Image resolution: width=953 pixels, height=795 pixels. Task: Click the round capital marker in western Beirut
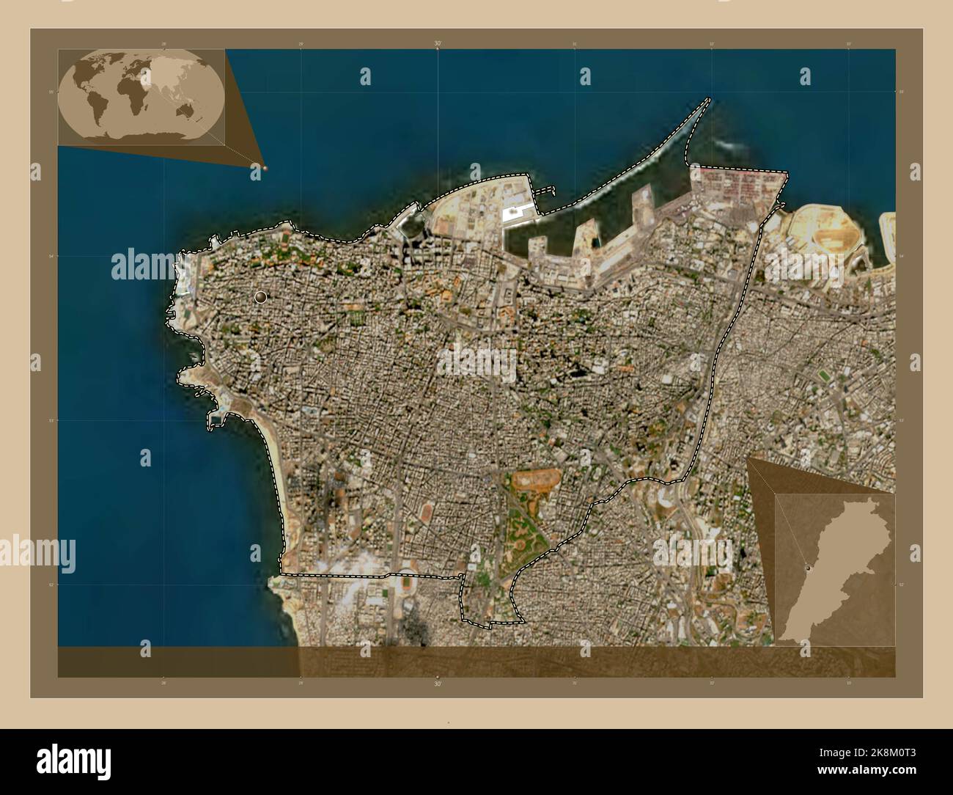(x=260, y=297)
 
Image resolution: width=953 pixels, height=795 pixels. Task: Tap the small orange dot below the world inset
(x=265, y=168)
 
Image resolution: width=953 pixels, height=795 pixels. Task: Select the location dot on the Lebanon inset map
(x=809, y=568)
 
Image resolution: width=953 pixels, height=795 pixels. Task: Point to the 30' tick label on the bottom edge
(x=438, y=683)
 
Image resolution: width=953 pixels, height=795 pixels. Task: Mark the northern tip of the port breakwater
(x=708, y=100)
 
